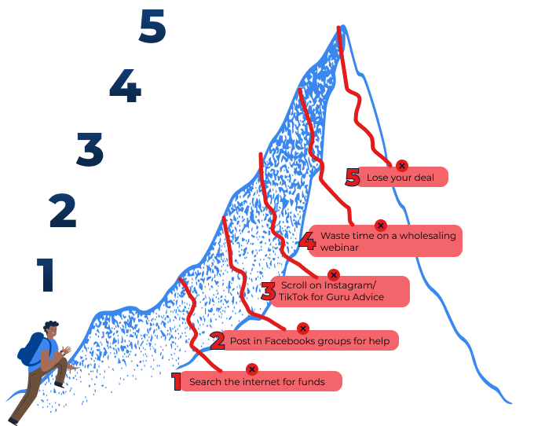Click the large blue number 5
coord(151,28)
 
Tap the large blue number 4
coord(124,86)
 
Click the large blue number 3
coord(90,149)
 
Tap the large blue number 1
coord(46,275)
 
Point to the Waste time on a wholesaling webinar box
coord(389,241)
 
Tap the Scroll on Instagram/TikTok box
coord(340,292)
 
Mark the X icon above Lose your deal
coord(401,165)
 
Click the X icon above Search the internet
coord(252,369)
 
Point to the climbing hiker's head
coord(51,329)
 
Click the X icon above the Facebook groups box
coord(302,328)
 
